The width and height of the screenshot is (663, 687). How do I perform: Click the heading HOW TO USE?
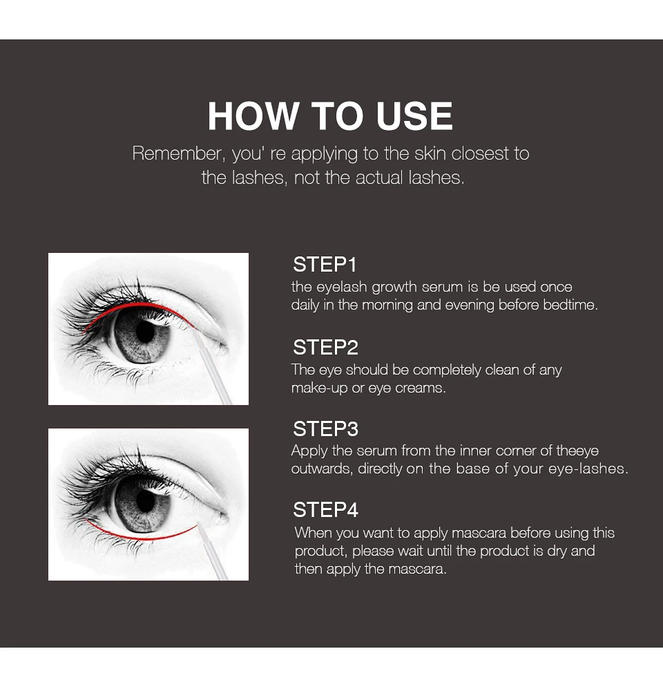(330, 116)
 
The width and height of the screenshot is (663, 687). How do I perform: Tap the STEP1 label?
(325, 265)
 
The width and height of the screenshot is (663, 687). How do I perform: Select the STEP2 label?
(325, 348)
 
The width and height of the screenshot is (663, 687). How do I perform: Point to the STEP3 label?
(325, 429)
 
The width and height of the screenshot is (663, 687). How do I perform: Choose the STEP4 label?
(325, 509)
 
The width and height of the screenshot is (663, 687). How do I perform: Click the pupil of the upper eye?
(144, 332)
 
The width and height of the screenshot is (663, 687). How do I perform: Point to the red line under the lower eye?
(140, 537)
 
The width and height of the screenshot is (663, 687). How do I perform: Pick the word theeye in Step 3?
(577, 451)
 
